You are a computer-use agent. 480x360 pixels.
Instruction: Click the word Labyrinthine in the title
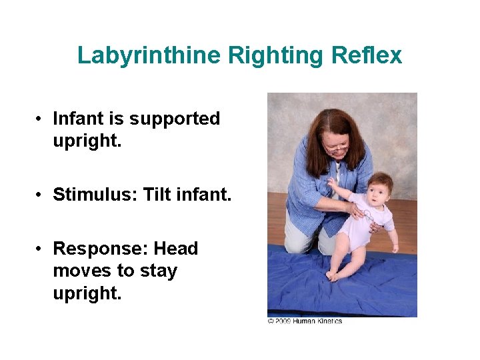tap(149, 55)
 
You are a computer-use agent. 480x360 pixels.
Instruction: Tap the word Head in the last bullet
tap(176, 249)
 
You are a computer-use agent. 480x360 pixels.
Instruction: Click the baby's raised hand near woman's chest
tap(332, 183)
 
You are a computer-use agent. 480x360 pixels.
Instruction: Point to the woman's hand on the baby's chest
tap(360, 212)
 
